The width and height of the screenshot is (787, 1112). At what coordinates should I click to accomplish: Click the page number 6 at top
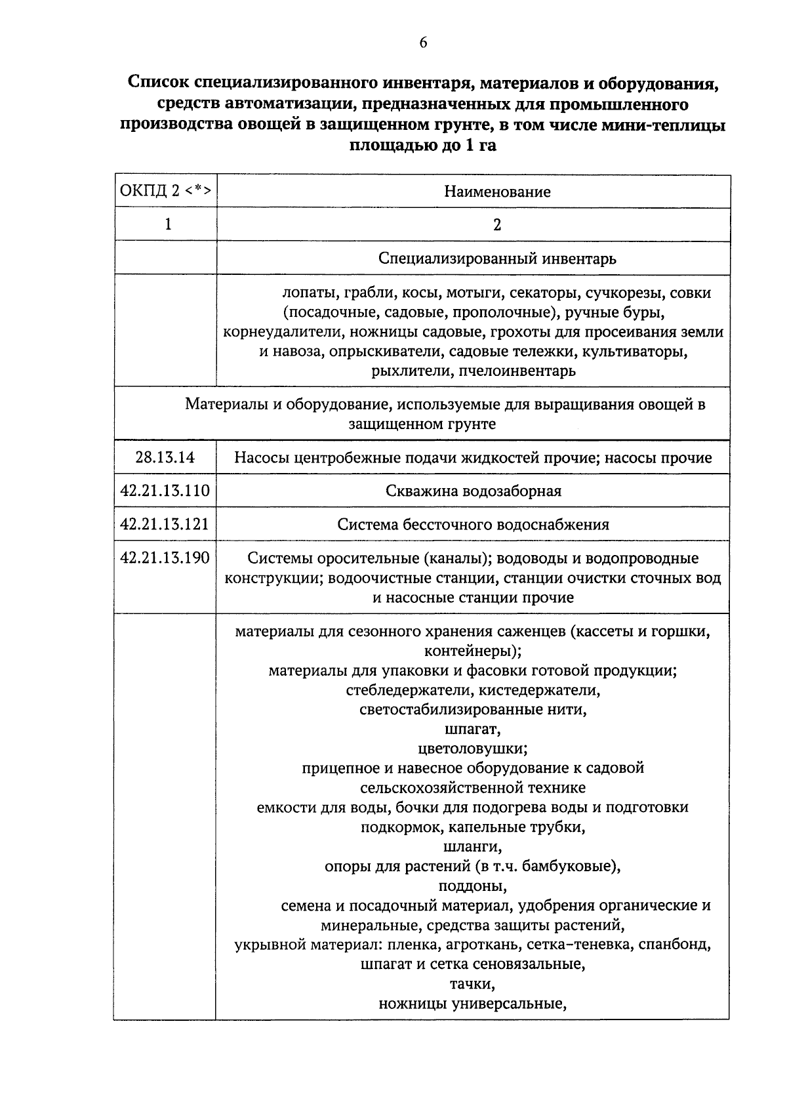coord(422,43)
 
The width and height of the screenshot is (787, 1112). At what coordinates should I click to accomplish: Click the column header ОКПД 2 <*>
coord(165,191)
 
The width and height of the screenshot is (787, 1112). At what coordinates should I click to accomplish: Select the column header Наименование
coord(497,192)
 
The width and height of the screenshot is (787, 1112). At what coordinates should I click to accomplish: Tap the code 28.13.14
coord(165,457)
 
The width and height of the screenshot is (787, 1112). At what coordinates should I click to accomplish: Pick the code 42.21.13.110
coord(165,490)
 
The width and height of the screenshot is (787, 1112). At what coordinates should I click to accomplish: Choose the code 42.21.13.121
coord(165,524)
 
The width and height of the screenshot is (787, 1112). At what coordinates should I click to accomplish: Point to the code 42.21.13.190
coord(165,558)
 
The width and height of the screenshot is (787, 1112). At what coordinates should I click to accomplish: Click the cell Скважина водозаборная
coord(473,491)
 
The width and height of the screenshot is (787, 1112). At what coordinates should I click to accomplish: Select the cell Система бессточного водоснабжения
coord(473,524)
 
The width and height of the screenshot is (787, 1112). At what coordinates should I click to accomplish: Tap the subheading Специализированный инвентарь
coord(497,258)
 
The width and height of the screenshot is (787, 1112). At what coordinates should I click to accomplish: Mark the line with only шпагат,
coord(472,729)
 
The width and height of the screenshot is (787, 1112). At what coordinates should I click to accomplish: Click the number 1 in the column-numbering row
coord(168,224)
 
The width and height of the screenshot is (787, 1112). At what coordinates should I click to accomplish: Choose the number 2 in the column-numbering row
coord(497,224)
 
